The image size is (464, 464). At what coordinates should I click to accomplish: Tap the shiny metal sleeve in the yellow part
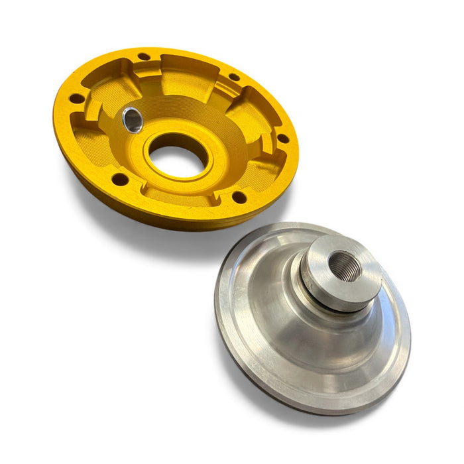(132, 120)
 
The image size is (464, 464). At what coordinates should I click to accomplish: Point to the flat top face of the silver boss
(325, 255)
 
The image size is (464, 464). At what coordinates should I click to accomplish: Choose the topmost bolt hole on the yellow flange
(143, 56)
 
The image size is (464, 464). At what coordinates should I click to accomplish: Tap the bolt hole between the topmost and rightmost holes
(234, 77)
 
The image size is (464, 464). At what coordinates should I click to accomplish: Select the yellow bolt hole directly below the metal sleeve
(119, 179)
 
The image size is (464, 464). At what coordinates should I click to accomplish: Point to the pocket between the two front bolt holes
(179, 199)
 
